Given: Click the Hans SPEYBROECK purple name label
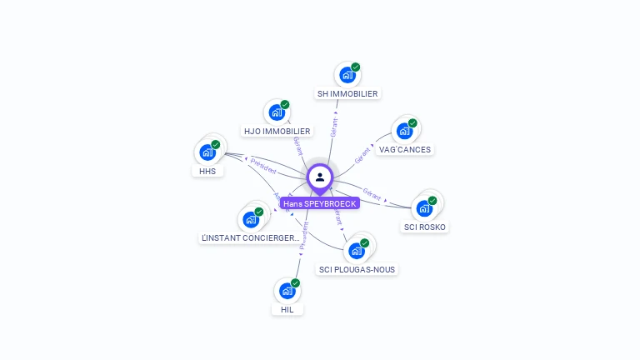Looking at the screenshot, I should click(320, 203).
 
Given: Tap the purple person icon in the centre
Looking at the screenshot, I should click(320, 177).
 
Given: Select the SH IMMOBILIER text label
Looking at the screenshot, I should click(347, 94).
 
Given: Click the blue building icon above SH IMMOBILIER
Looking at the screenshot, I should click(347, 75).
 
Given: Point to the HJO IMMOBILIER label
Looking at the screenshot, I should click(277, 131).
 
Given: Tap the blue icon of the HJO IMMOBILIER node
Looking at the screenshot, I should click(276, 112).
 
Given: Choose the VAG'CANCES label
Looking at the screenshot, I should click(405, 150).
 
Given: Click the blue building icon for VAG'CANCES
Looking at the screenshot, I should click(404, 131).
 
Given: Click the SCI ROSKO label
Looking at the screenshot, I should click(425, 227).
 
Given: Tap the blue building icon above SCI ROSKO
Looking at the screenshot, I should click(424, 208).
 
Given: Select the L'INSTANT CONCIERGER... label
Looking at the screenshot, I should click(250, 238).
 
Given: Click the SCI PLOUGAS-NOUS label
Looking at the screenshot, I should click(357, 269).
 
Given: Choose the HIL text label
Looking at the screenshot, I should click(287, 309).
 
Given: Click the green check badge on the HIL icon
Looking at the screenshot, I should click(295, 283).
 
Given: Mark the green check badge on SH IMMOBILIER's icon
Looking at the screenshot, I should click(356, 67).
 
